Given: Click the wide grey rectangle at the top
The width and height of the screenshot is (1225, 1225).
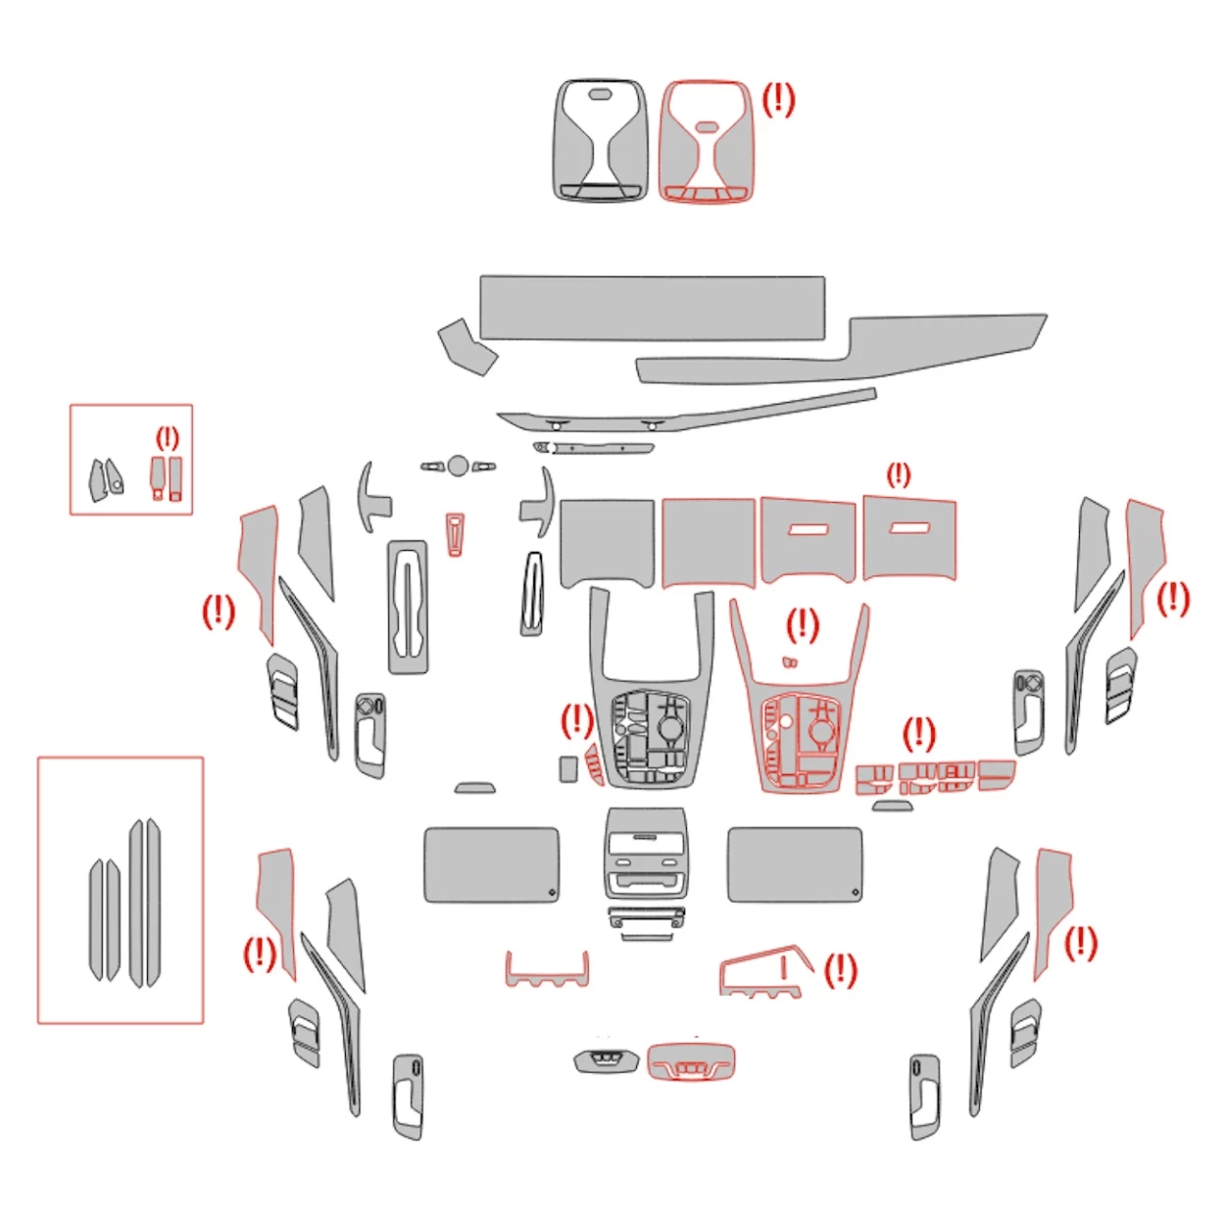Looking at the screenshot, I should tap(652, 308).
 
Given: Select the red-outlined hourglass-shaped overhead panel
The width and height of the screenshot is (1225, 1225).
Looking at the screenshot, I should tap(707, 142).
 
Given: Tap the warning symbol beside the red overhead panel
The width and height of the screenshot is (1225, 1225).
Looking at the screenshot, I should tap(778, 99).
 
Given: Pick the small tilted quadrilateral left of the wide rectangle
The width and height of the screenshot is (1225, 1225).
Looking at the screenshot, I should tap(466, 346).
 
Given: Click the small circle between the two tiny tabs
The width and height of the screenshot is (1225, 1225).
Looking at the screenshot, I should tap(458, 465).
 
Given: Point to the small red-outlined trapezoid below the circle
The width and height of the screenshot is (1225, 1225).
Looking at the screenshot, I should tap(455, 533).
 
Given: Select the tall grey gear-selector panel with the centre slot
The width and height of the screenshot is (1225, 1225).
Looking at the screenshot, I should tap(408, 607).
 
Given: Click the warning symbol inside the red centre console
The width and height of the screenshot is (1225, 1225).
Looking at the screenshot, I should tap(802, 623).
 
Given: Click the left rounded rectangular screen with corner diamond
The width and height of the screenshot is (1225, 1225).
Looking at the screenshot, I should tap(491, 864).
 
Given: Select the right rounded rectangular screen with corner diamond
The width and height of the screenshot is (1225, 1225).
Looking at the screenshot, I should tap(795, 864).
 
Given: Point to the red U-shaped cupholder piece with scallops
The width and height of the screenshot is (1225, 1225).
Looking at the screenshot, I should tap(547, 970).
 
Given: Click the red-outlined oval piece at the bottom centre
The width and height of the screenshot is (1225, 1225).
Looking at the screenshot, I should tap(691, 1062).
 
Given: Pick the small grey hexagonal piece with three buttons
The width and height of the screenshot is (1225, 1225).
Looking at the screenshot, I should tap(606, 1059).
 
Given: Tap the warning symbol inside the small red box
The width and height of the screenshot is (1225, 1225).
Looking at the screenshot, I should tap(168, 437).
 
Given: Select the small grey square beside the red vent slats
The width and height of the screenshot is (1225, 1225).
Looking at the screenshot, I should tap(568, 768).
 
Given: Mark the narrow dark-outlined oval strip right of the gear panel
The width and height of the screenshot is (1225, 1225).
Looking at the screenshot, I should tap(531, 594).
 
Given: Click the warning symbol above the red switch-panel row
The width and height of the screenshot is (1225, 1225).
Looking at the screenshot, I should tap(918, 733).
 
